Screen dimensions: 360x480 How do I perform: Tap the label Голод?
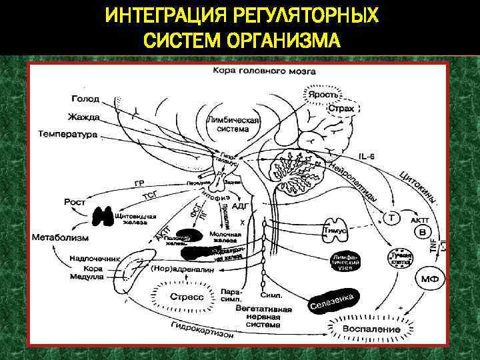tap(85, 99)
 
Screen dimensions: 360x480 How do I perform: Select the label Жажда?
tap(83, 117)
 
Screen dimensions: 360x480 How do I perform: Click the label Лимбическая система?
tap(233, 125)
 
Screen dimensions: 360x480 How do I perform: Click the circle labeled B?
tap(421, 231)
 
